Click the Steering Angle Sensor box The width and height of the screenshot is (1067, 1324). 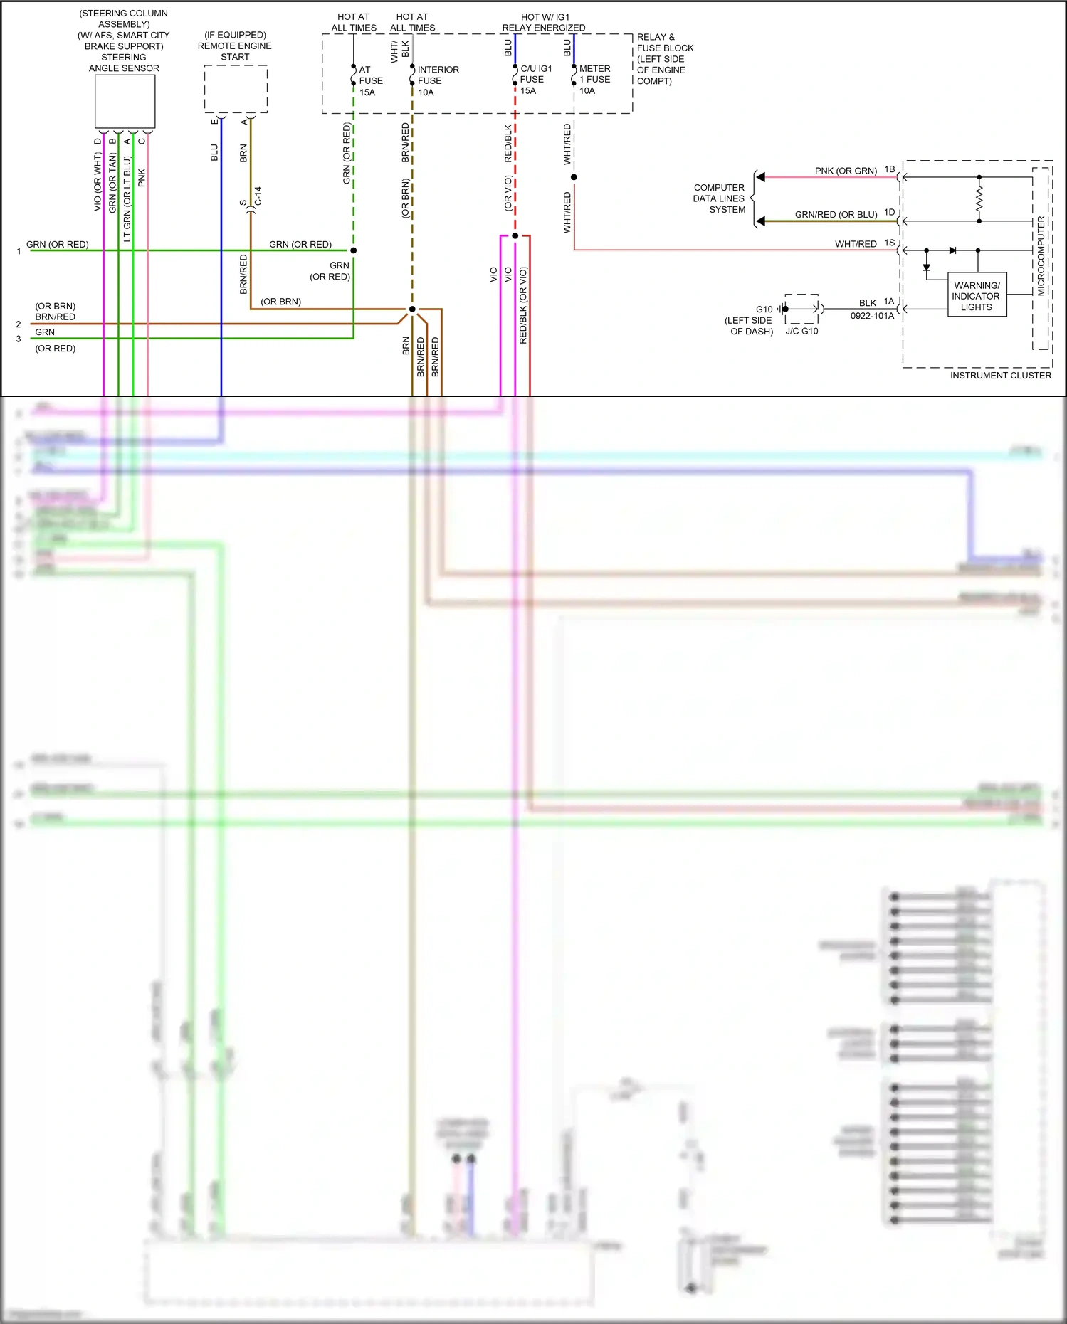point(125,102)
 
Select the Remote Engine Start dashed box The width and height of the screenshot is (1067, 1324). point(236,89)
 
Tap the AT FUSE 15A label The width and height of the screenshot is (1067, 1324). point(370,81)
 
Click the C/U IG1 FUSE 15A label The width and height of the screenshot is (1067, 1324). point(535,80)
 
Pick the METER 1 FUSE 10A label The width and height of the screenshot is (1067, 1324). point(594,80)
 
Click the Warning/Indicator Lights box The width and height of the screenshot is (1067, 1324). point(977,295)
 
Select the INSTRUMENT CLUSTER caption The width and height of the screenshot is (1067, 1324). point(1000,376)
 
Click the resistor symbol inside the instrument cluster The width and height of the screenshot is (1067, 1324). point(979,199)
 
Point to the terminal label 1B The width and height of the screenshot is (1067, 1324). point(890,169)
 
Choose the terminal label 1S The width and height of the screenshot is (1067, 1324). point(890,243)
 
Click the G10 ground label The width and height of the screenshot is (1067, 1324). point(764,309)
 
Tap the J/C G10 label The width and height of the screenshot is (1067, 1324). point(801,332)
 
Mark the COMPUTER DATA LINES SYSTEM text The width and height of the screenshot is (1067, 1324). point(719,198)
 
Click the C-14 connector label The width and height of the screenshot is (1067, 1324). point(258,196)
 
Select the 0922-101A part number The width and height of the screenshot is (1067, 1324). point(872,316)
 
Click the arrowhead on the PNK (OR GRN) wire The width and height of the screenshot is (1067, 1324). point(760,177)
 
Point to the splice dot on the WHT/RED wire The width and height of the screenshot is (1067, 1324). point(574,177)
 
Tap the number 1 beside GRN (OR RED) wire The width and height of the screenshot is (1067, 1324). point(19,251)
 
